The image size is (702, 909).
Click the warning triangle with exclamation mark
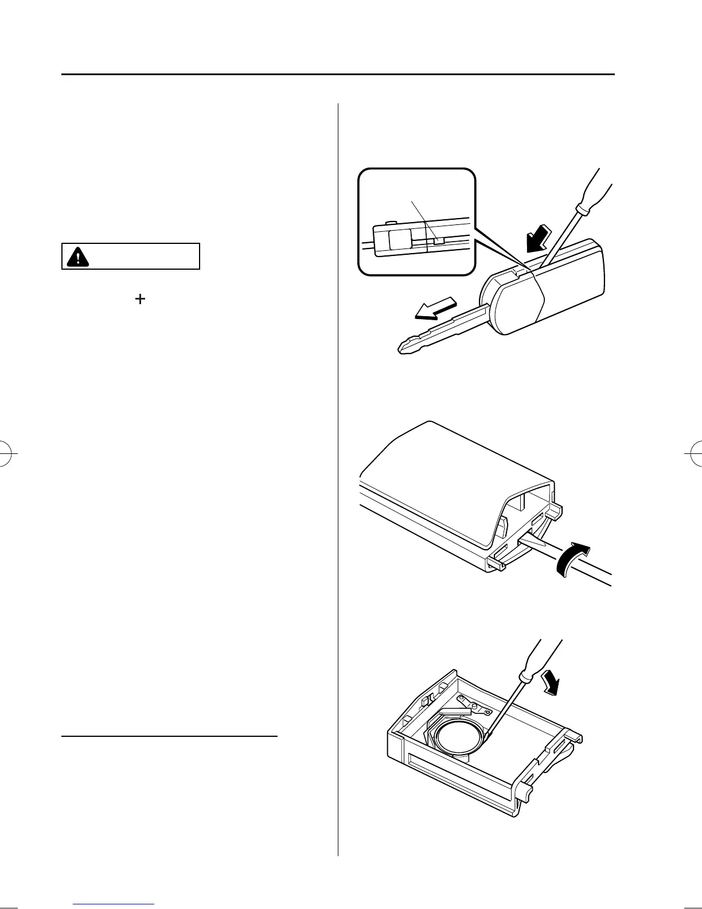click(74, 257)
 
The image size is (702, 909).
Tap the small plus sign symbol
click(140, 298)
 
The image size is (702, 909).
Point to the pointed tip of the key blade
click(401, 348)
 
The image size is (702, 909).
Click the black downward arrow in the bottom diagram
click(551, 683)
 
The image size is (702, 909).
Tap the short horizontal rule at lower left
click(169, 735)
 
